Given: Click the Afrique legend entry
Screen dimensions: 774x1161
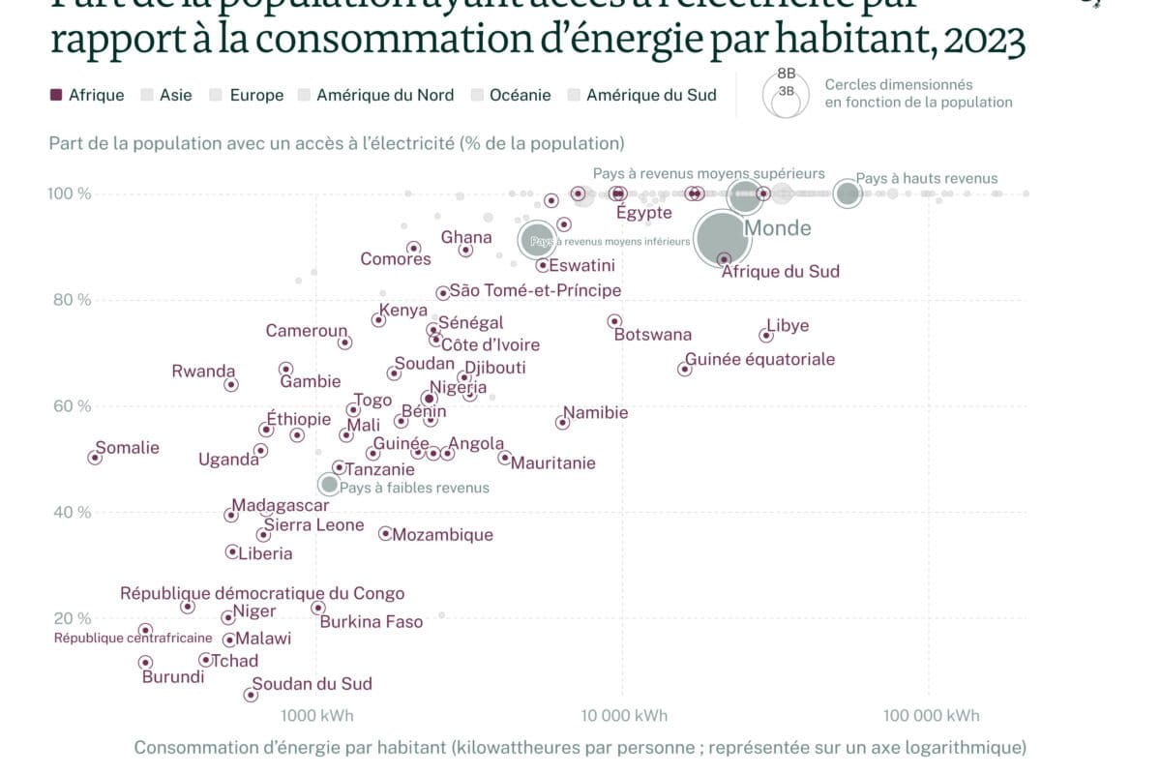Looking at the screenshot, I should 87,95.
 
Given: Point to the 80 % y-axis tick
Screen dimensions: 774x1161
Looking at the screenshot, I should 72,300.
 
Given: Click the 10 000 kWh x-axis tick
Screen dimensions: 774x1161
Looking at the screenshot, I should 622,716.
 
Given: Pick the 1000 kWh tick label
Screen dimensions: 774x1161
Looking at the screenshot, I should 316,716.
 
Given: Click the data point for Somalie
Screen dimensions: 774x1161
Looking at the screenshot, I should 95,458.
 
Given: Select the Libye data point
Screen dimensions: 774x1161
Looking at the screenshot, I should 766,335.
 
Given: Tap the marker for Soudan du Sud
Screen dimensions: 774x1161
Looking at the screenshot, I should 251,695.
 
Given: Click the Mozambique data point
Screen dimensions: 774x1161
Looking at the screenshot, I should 385,533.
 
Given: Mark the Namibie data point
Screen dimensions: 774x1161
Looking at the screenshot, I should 562,423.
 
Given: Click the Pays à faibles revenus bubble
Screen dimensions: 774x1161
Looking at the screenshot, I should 329,484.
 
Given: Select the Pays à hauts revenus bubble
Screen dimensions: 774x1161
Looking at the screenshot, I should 848,193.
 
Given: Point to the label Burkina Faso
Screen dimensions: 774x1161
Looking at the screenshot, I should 372,622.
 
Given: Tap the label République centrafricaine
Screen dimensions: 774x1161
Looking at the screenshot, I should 133,638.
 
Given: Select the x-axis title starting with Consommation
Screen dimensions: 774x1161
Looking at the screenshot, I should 580,747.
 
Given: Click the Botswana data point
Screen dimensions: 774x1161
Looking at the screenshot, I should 614,321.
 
